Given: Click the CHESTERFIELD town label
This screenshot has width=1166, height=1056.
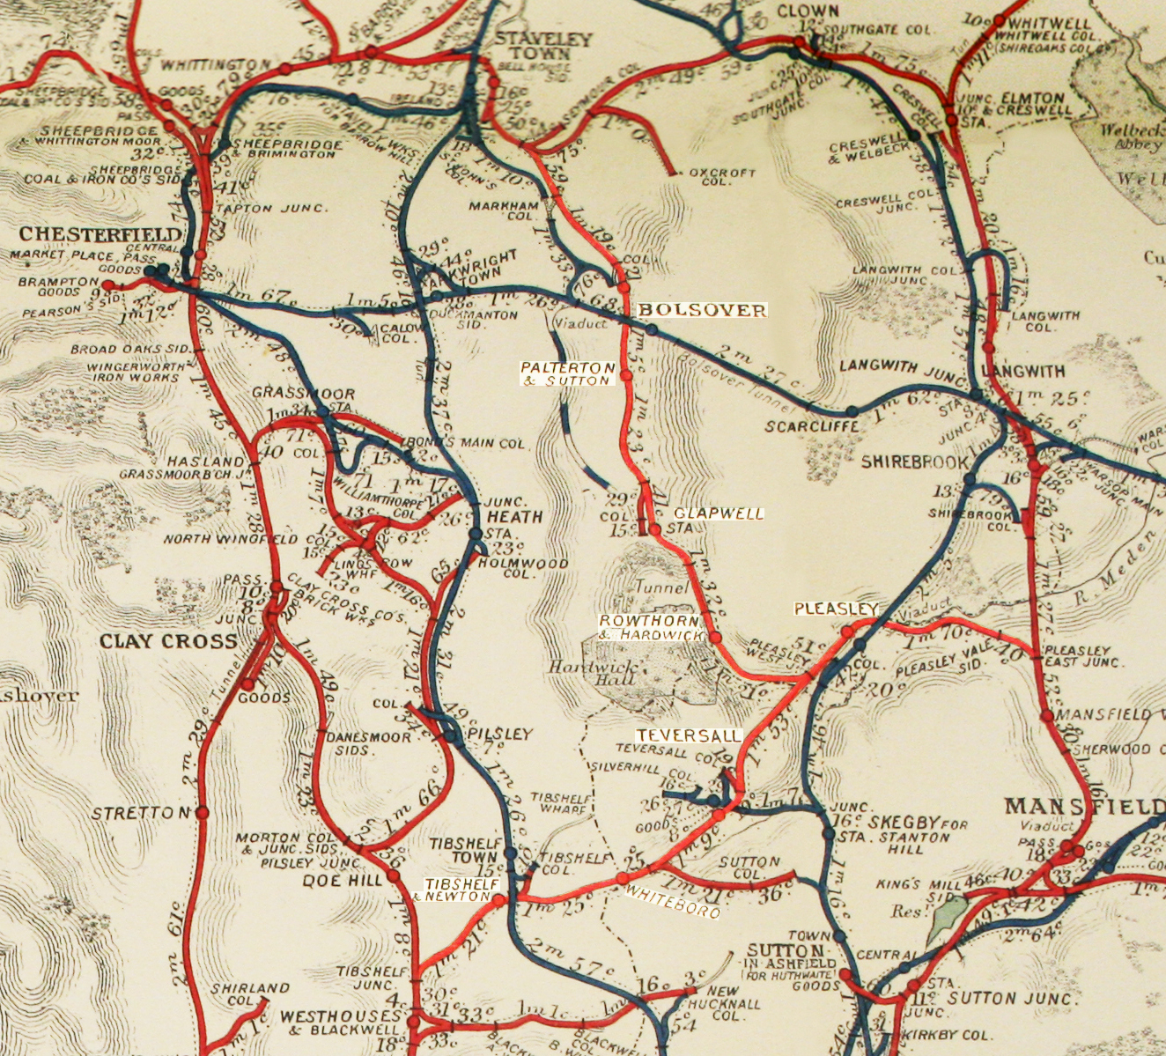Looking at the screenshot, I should tap(100, 234).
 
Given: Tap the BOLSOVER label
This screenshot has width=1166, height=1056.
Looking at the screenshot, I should tap(702, 310).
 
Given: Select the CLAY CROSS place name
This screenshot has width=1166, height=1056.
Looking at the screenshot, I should tap(168, 640).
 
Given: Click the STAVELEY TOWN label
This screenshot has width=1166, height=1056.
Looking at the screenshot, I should tap(531, 46).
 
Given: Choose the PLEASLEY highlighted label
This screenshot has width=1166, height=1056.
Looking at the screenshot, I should tap(836, 609).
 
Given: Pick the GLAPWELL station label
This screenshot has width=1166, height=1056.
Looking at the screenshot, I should tap(719, 513).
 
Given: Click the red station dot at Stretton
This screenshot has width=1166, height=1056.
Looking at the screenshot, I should tap(202, 812).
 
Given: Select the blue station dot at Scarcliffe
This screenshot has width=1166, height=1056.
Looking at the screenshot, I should tap(852, 411).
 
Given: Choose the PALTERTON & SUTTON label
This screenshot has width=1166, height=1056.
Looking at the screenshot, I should tap(567, 373).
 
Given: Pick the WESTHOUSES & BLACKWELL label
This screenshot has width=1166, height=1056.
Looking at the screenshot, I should tap(339, 1023).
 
